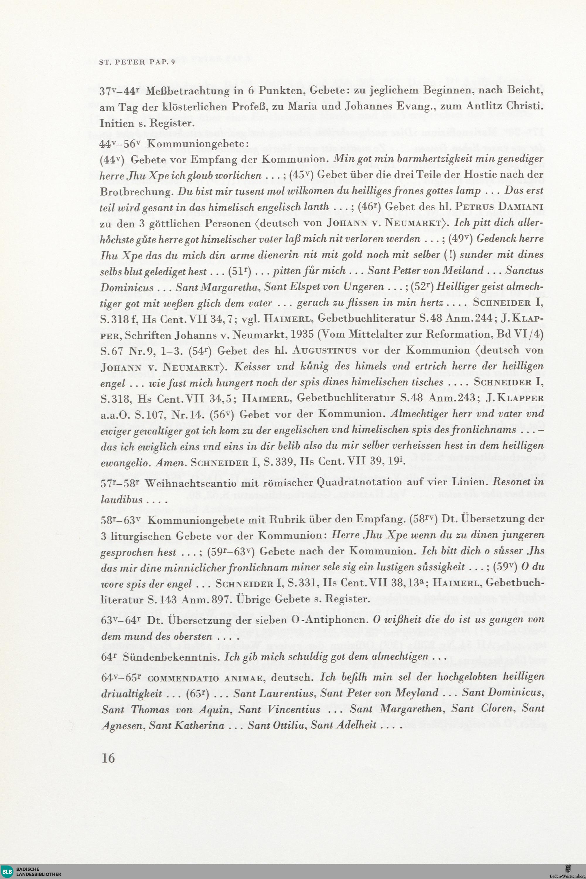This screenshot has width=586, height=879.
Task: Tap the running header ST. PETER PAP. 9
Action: tap(137, 62)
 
